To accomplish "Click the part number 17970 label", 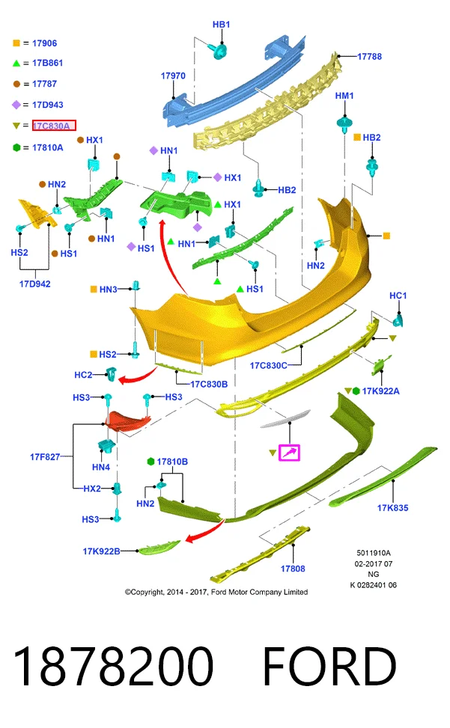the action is pyautogui.click(x=173, y=76).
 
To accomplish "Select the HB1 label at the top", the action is pyautogui.click(x=221, y=25).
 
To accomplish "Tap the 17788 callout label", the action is pyautogui.click(x=369, y=57).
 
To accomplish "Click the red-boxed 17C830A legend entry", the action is pyautogui.click(x=54, y=126).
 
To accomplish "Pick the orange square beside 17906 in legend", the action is pyautogui.click(x=16, y=43).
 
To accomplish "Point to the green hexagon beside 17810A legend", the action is pyautogui.click(x=16, y=147).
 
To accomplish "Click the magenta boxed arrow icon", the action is pyautogui.click(x=289, y=453).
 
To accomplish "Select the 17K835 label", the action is pyautogui.click(x=392, y=508).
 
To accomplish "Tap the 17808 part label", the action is pyautogui.click(x=293, y=569).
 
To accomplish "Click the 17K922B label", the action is pyautogui.click(x=101, y=551).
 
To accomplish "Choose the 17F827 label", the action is pyautogui.click(x=45, y=457).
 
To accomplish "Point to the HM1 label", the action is pyautogui.click(x=344, y=96).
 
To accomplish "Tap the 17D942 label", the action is pyautogui.click(x=35, y=284).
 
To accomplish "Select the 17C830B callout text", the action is pyautogui.click(x=209, y=384).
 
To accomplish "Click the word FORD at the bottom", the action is pyautogui.click(x=329, y=666).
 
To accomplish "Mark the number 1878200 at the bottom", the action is pyautogui.click(x=113, y=666).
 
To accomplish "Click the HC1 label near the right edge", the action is pyautogui.click(x=398, y=296).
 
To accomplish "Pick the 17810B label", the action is pyautogui.click(x=172, y=462).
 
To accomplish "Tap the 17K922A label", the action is pyautogui.click(x=380, y=391).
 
